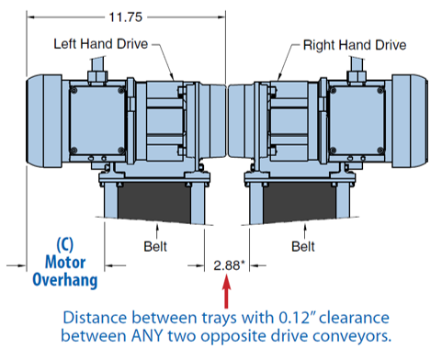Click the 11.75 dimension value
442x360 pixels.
(126, 17)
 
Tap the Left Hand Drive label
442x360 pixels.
(101, 44)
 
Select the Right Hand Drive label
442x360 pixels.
(355, 45)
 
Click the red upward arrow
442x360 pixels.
(226, 291)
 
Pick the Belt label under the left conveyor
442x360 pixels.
(155, 246)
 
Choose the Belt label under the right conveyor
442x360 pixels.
(303, 246)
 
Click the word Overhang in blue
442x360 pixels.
(65, 280)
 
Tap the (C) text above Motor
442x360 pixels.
(65, 244)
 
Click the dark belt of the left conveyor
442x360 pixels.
(154, 202)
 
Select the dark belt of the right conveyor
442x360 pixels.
(300, 202)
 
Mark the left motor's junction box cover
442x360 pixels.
(97, 120)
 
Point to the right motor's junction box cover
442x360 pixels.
(357, 120)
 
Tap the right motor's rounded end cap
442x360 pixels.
(410, 121)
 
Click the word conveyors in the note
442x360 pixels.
(352, 337)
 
